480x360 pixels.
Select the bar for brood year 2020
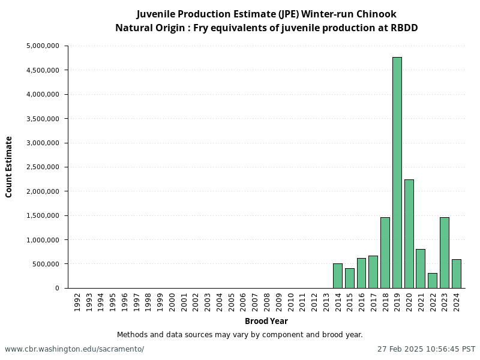(x=409, y=234)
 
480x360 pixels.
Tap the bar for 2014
(x=338, y=276)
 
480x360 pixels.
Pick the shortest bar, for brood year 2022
(x=433, y=281)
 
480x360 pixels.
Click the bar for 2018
(x=385, y=253)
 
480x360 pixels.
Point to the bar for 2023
(x=444, y=253)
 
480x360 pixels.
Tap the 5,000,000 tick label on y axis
(x=43, y=46)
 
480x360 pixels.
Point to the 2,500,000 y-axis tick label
(x=43, y=167)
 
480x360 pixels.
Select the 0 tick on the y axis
(x=58, y=288)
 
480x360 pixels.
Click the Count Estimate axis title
(x=9, y=167)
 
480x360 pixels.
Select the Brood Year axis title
(x=266, y=321)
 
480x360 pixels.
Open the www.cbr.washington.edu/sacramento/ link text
(x=74, y=349)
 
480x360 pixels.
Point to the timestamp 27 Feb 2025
(x=403, y=349)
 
